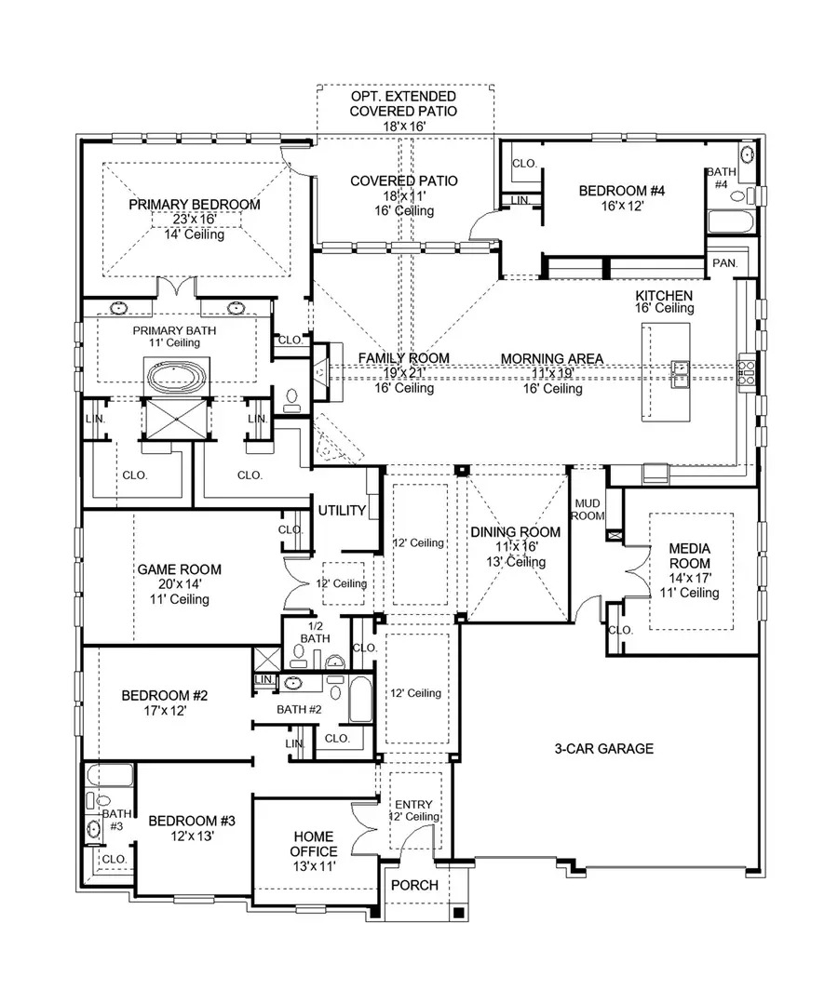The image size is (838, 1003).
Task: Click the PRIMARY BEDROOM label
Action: coord(194,205)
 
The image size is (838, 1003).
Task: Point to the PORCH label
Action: coord(414,885)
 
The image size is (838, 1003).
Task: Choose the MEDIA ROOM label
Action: coord(689,556)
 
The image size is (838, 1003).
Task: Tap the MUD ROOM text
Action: coord(588,508)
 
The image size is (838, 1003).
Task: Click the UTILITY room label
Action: coord(342,511)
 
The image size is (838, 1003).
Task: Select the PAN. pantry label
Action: coord(724,263)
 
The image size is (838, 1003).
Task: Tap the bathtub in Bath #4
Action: coord(729,223)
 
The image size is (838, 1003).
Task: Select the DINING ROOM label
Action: coord(515,532)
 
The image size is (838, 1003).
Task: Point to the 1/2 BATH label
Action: coord(314,632)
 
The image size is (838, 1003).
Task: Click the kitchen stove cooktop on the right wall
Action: coord(747,371)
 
